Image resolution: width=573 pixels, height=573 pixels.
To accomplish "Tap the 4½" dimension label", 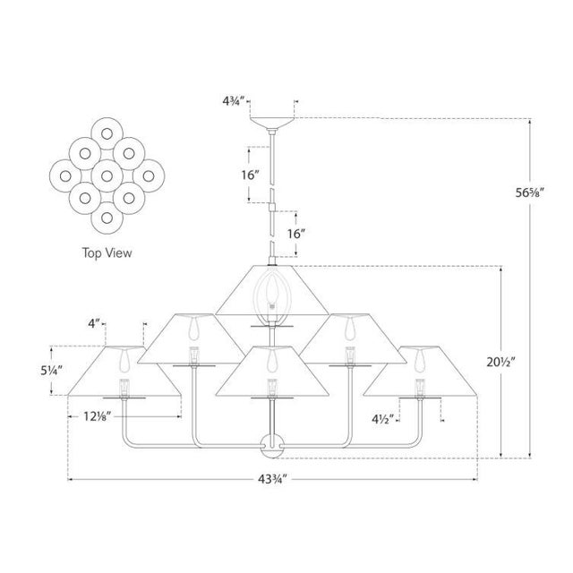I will pyautogui.click(x=384, y=416).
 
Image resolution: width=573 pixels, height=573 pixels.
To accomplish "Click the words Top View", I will pyautogui.click(x=107, y=252).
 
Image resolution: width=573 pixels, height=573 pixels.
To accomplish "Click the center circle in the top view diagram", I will pyautogui.click(x=107, y=170).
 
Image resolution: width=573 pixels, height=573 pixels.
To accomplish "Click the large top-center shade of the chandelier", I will pyautogui.click(x=269, y=291).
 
